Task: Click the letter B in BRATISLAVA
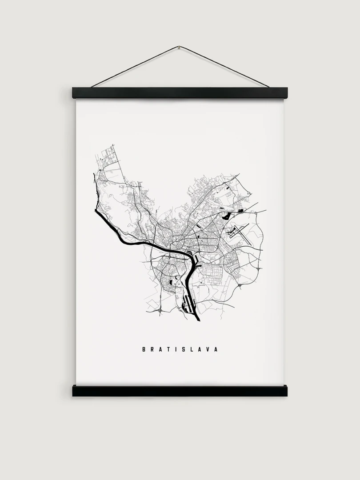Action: coord(144,349)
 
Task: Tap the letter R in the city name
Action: coord(153,349)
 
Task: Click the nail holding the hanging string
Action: coord(179,47)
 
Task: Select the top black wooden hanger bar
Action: coord(180,92)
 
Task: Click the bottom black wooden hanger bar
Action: coord(180,391)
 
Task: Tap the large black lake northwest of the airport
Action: coord(226,216)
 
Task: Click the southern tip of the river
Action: coord(198,319)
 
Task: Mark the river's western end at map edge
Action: coord(95,209)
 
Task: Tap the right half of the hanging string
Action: coord(224,67)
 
